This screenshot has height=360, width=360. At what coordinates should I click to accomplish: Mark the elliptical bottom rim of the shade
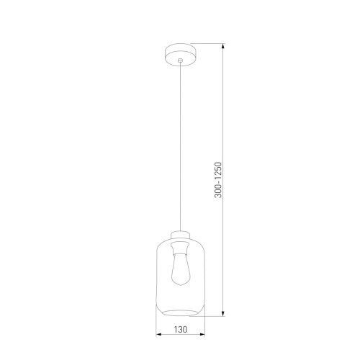pos(180,311)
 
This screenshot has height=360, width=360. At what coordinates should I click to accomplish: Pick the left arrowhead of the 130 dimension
pos(158,336)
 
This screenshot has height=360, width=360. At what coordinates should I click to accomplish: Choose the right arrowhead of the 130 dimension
pos(202,336)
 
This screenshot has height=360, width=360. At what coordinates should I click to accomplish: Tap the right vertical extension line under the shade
pos(204,328)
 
